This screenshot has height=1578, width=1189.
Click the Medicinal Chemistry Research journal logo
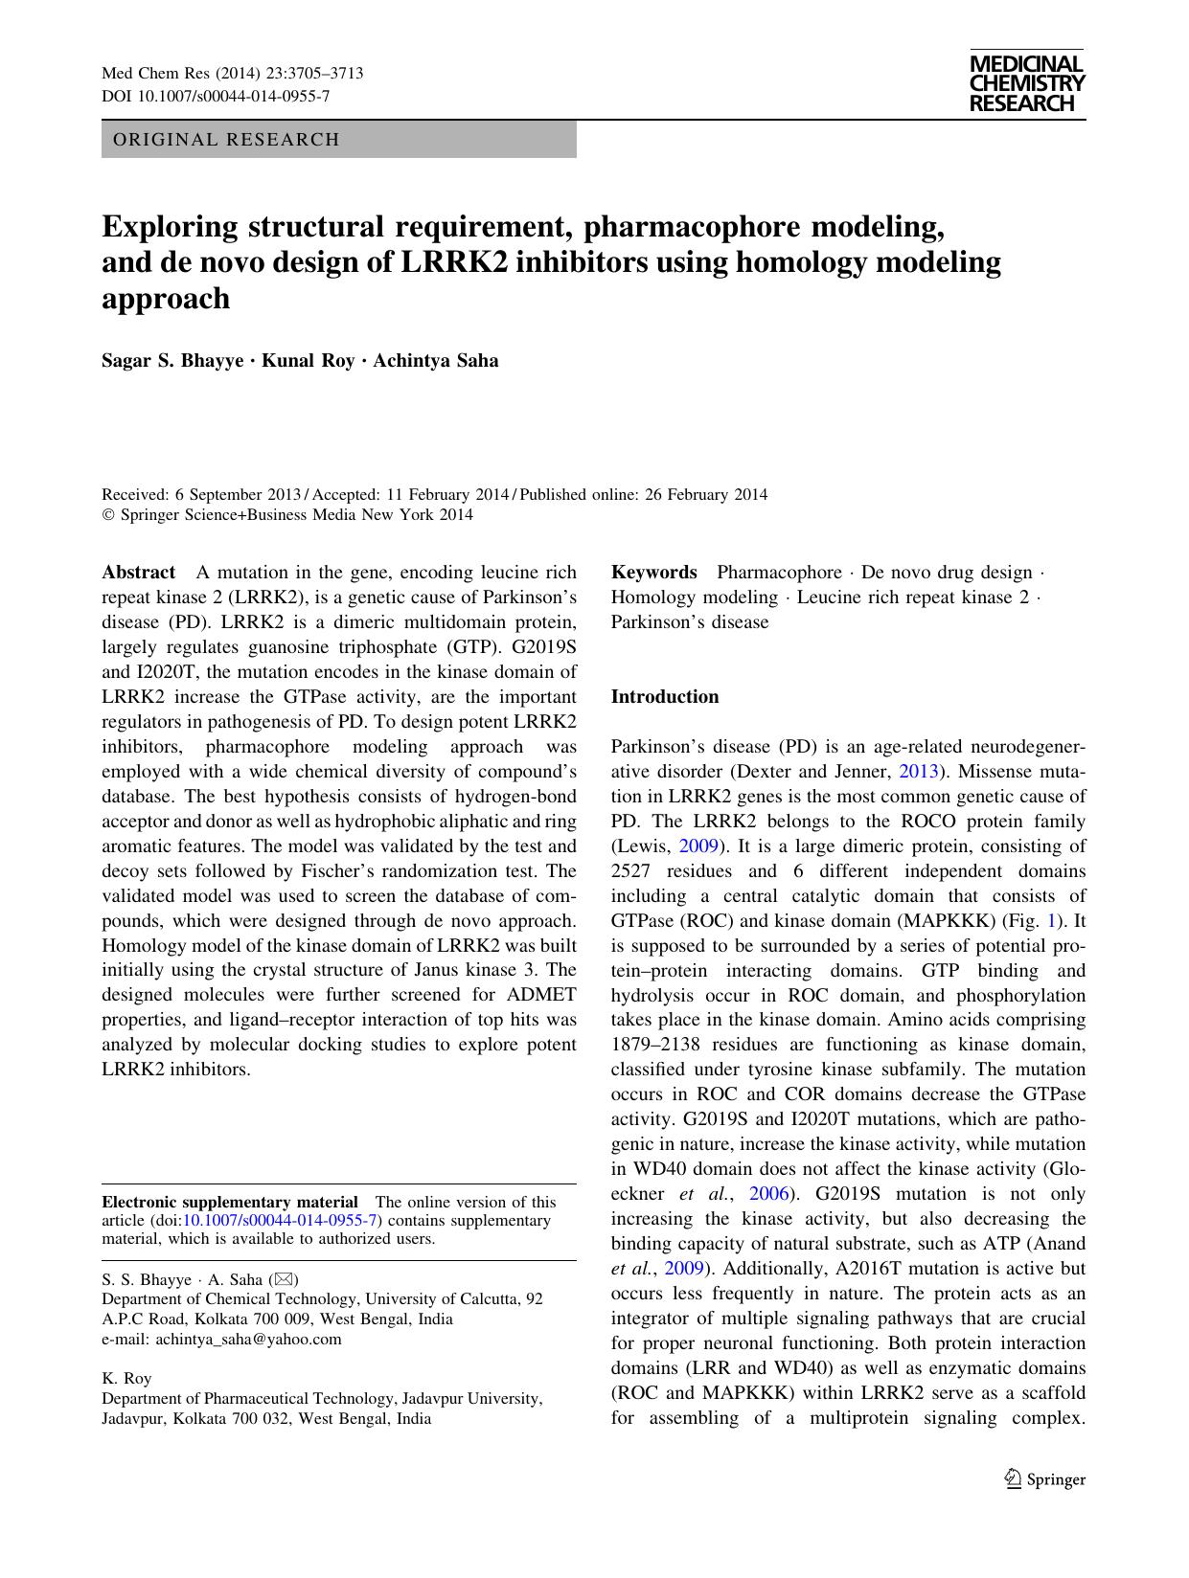pyautogui.click(x=1026, y=84)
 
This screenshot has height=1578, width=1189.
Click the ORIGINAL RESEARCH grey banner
pyautogui.click(x=338, y=140)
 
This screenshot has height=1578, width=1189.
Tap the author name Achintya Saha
pyautogui.click(x=436, y=361)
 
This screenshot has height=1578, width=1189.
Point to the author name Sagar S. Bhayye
pyautogui.click(x=172, y=361)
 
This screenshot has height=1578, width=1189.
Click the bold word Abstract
pyautogui.click(x=138, y=573)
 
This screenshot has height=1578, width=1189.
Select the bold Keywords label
pyautogui.click(x=653, y=573)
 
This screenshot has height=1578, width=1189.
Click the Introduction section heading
pyautogui.click(x=664, y=697)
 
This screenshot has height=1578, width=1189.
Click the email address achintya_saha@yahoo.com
pyautogui.click(x=248, y=1340)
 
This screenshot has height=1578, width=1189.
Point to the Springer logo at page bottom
pyautogui.click(x=1044, y=1479)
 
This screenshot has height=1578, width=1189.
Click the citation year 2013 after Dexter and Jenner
pyautogui.click(x=917, y=772)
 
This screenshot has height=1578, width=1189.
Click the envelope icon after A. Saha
pyautogui.click(x=286, y=1279)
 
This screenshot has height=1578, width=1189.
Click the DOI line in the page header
pyautogui.click(x=216, y=97)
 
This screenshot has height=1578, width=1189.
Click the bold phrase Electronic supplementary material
pyautogui.click(x=230, y=1202)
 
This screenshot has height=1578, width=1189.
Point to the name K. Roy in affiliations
pyautogui.click(x=126, y=1379)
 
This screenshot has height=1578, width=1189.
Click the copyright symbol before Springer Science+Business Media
pyautogui.click(x=107, y=515)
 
